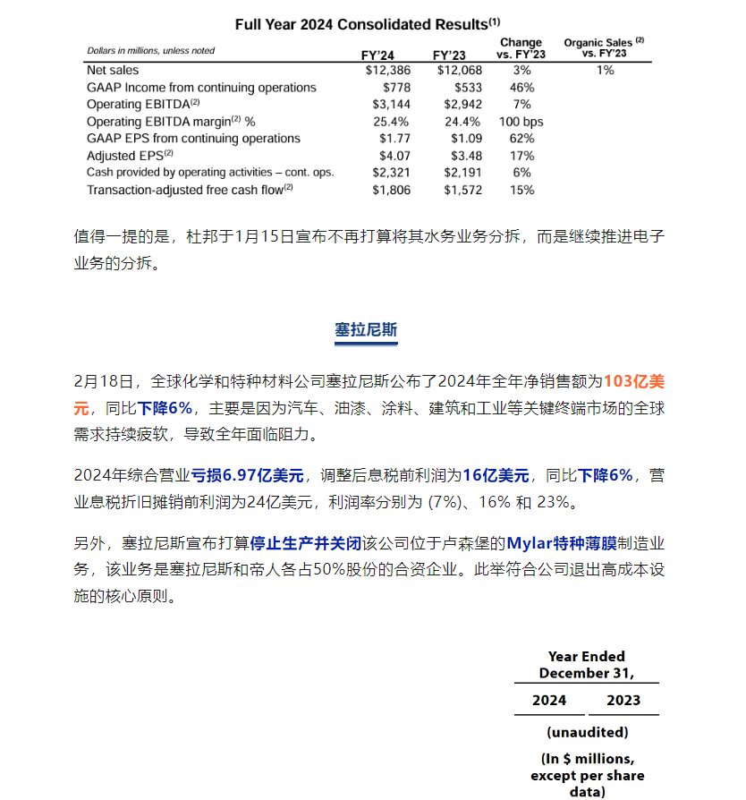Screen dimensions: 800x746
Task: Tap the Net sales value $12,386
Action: [x=387, y=70]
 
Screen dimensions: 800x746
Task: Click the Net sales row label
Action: [x=113, y=70]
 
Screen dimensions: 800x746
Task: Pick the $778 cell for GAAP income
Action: [x=395, y=88]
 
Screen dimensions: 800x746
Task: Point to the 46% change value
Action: [x=521, y=88]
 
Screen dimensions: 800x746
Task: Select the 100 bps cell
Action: [x=521, y=122]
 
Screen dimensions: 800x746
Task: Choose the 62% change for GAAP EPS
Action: [x=521, y=139]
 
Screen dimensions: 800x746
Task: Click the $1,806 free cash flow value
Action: [x=391, y=190]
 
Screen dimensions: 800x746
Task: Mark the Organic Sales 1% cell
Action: [x=605, y=70]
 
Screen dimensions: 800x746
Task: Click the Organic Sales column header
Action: [x=605, y=47]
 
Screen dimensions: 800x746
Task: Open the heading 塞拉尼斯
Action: [x=366, y=329]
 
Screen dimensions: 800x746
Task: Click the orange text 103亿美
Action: [x=634, y=381]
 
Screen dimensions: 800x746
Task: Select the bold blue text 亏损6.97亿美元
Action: [x=248, y=475]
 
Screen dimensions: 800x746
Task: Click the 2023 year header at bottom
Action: [x=623, y=700]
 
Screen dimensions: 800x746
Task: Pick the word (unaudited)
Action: [x=586, y=732]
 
